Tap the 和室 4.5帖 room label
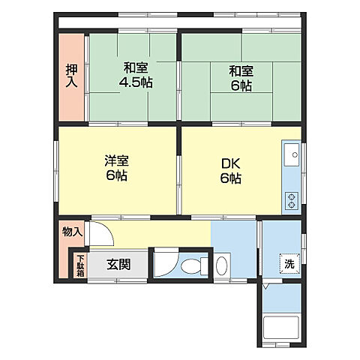(x=136, y=75)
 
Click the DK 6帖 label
(x=229, y=169)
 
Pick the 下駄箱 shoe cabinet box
(x=79, y=266)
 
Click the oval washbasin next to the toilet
(x=222, y=265)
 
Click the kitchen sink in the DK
(x=290, y=158)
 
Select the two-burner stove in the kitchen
(x=290, y=199)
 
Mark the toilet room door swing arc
(x=168, y=262)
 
